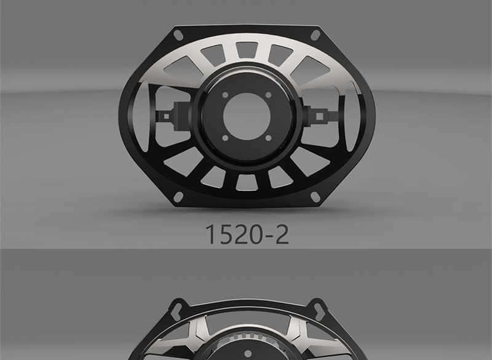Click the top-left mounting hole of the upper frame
click(178, 35)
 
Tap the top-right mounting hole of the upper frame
click(315, 35)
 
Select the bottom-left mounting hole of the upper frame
click(178, 197)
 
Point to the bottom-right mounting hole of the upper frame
click(315, 196)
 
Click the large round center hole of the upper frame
click(247, 116)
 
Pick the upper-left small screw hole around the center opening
click(225, 95)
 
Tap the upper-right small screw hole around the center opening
click(268, 95)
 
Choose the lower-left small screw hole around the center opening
click(225, 138)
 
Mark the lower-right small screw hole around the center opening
click(268, 138)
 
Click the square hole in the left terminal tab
click(167, 117)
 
